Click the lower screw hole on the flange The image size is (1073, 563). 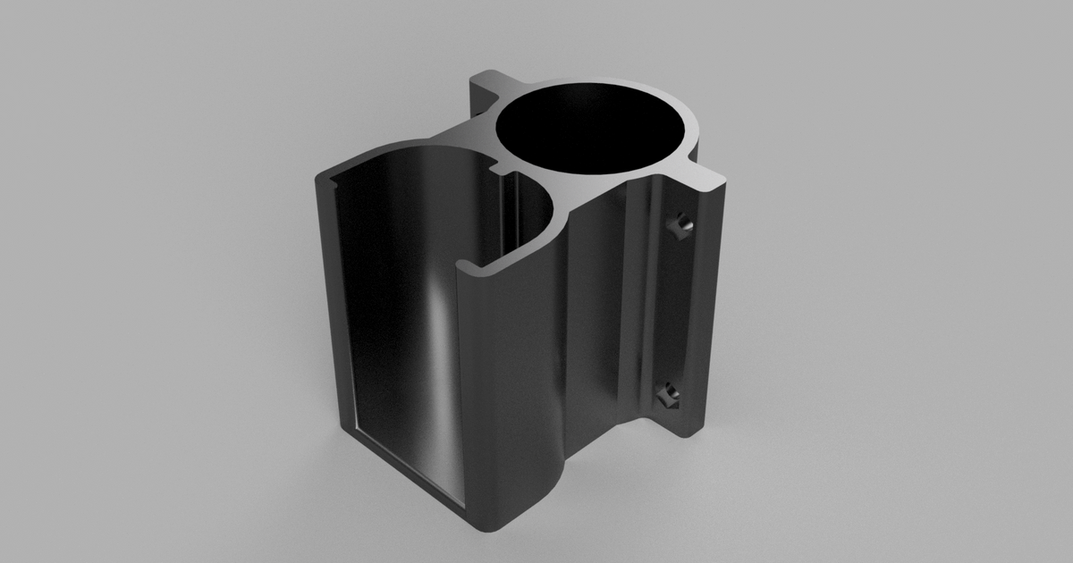666,394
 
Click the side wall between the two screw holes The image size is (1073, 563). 675,308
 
